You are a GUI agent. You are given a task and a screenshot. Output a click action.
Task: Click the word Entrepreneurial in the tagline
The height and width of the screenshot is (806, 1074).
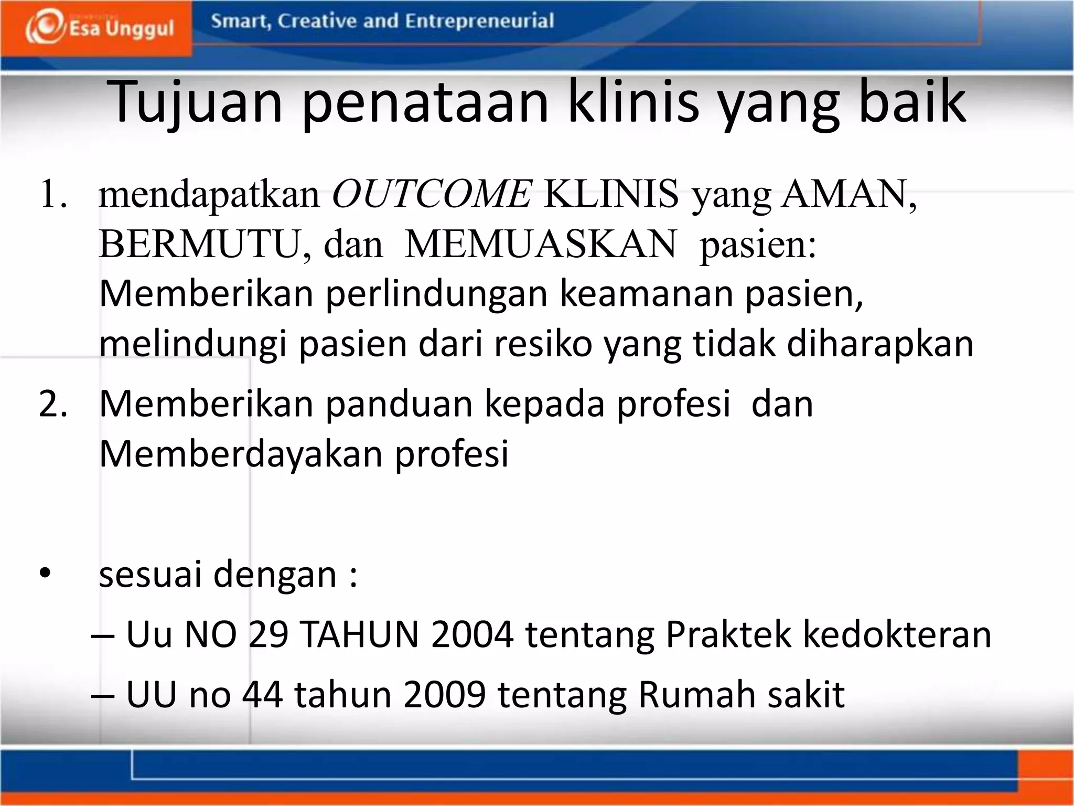tap(479, 21)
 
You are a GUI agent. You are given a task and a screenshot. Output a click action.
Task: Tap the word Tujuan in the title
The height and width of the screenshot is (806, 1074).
tap(197, 102)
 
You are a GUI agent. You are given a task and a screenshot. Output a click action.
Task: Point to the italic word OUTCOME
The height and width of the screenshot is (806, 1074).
tap(432, 195)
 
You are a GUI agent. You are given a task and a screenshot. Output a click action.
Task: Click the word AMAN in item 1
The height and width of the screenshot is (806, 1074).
tap(844, 195)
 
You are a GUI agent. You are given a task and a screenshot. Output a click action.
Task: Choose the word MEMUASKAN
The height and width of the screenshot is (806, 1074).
tap(541, 245)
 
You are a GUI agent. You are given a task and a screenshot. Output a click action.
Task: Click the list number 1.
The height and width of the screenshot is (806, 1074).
tap(53, 195)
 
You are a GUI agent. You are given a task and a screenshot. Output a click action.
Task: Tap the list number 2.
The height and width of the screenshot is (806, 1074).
tap(53, 404)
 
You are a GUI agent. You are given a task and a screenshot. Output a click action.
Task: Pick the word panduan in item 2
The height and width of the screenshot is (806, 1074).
tap(399, 404)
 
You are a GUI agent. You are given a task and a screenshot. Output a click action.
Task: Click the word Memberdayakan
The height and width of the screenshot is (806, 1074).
tap(241, 453)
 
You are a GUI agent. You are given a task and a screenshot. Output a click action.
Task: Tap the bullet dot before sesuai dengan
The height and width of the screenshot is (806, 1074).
tap(46, 574)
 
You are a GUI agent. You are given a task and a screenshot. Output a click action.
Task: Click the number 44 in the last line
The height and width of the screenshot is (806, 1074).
tap(262, 695)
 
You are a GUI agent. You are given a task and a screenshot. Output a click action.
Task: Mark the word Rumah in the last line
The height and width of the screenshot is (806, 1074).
tap(697, 695)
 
